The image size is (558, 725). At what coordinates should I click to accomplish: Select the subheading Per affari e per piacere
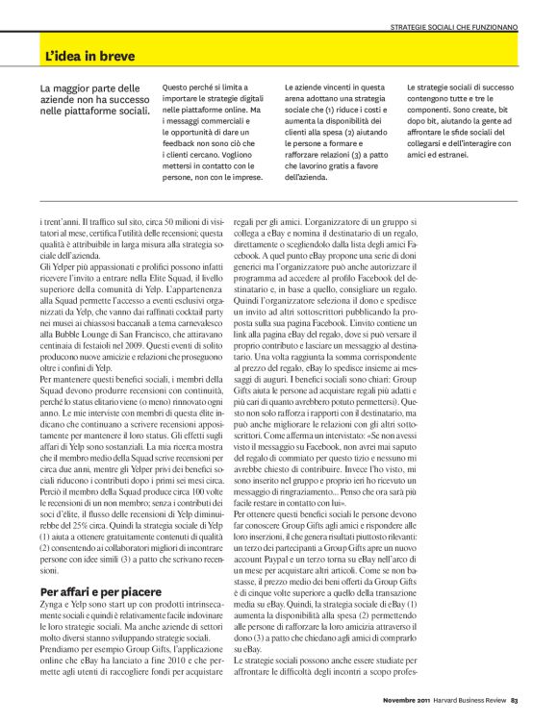101,589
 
